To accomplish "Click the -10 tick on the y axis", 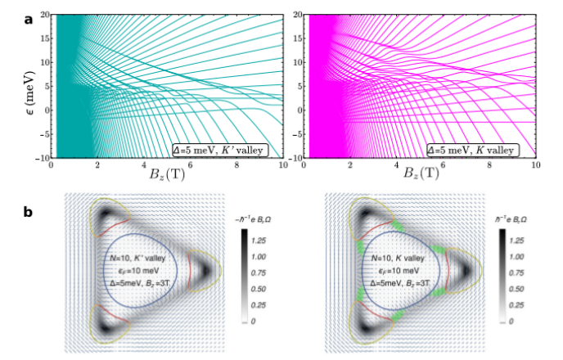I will [41, 155].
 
